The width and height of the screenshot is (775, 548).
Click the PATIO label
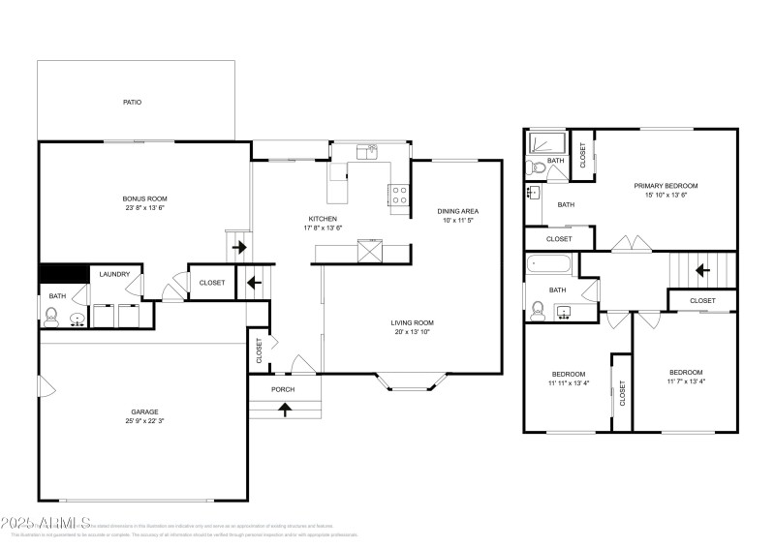tap(132, 102)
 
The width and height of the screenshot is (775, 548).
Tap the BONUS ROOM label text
tap(144, 198)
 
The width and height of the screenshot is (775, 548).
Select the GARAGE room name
tap(144, 411)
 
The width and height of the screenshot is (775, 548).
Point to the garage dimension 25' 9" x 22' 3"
tap(144, 421)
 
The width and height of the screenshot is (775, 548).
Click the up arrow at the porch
tap(285, 409)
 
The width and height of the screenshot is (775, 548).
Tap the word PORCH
tap(283, 389)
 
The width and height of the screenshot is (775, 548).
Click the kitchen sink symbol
tap(366, 152)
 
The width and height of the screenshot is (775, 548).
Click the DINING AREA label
tap(457, 211)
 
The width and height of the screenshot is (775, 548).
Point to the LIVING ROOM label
tap(412, 322)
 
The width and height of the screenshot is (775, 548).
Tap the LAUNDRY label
tap(114, 274)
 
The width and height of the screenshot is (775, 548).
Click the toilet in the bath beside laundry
tap(52, 316)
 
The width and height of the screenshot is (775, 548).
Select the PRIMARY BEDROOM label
tap(666, 185)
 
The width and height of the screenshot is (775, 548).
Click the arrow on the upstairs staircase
tap(705, 270)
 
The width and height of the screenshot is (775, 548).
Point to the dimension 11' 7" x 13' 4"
tap(685, 381)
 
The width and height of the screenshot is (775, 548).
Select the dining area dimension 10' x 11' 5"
tap(457, 221)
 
